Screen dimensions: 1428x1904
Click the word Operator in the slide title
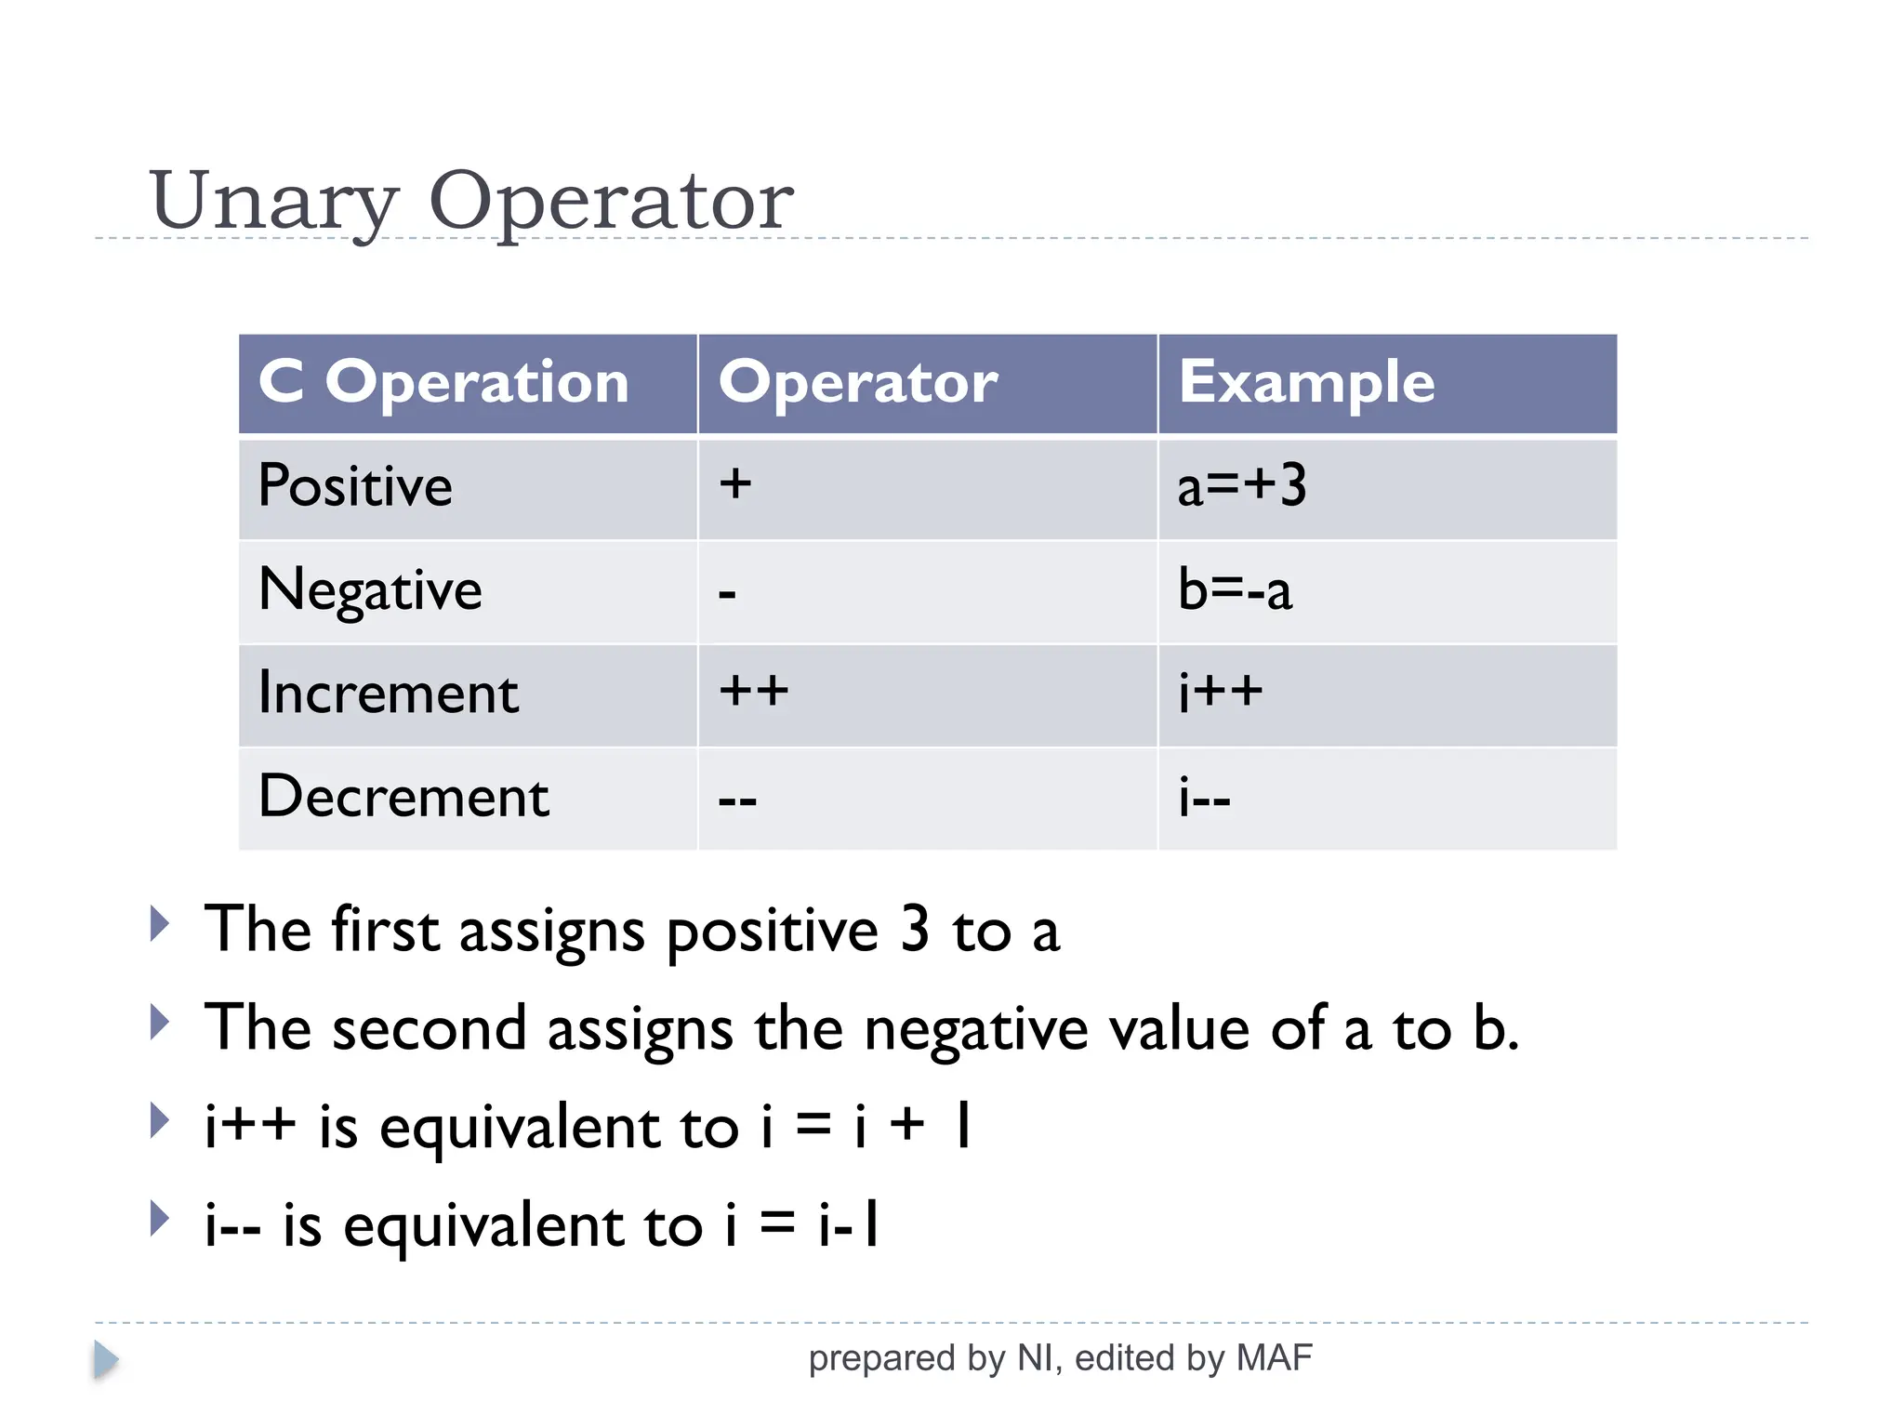coord(610,202)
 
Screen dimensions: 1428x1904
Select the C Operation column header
coord(444,382)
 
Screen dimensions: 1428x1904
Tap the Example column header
coord(1306,382)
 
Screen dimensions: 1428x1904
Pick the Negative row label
coord(370,590)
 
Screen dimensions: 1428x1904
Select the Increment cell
coord(388,694)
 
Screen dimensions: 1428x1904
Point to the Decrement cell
coord(403,797)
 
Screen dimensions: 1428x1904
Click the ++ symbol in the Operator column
coord(753,691)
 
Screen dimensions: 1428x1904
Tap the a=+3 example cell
coord(1241,486)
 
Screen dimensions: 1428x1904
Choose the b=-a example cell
coord(1235,590)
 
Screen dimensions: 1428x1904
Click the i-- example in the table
coord(1204,798)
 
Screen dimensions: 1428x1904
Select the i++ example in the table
coord(1220,693)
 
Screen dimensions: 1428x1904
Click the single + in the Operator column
coord(734,483)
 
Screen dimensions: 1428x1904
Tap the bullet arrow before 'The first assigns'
coord(160,924)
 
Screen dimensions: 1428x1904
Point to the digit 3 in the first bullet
coord(915,929)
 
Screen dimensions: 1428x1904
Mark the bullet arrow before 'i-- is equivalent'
coord(160,1219)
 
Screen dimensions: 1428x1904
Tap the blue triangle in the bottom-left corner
coord(106,1360)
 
